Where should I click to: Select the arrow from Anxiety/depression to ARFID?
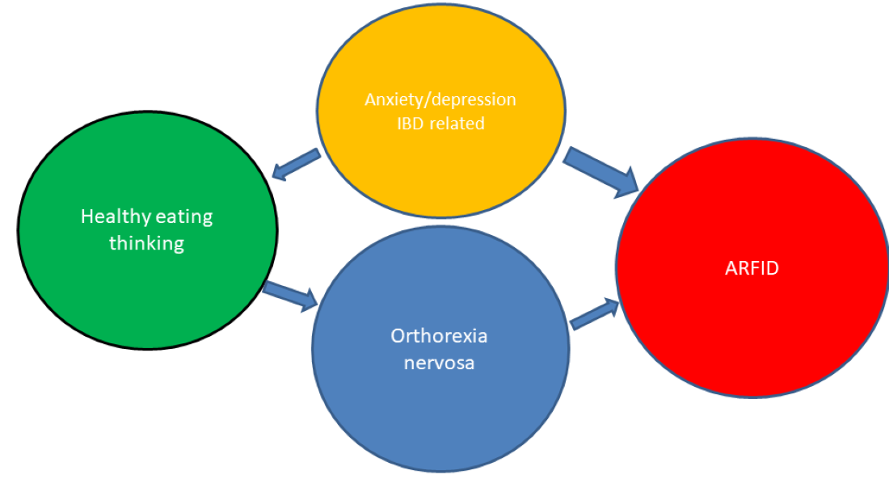tap(602, 172)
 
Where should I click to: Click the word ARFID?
tap(752, 268)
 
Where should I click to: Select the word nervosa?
tap(440, 363)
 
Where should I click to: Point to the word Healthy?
tap(112, 216)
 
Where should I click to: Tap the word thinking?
tap(146, 243)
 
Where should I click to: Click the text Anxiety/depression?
tap(440, 99)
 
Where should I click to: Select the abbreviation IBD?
tap(411, 124)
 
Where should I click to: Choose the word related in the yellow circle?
tap(457, 124)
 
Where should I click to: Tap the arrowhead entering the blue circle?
tap(309, 302)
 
